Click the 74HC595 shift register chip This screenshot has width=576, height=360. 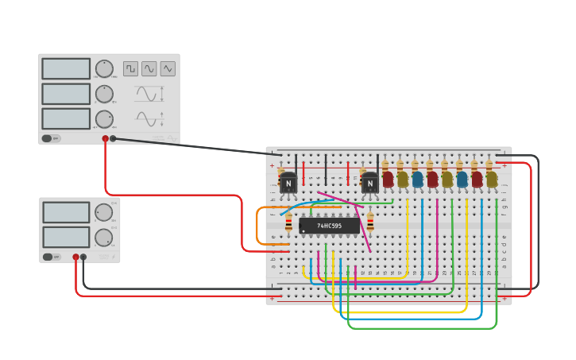tap(329, 226)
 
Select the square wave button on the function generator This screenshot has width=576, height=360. tap(130, 68)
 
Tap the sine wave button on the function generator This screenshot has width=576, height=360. tap(149, 68)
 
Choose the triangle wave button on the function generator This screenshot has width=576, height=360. tap(168, 68)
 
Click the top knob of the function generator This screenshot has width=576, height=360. tap(104, 68)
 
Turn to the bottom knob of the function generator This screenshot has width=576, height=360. tap(104, 119)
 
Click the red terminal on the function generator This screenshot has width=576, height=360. tap(105, 138)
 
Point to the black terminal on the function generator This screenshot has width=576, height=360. tap(113, 138)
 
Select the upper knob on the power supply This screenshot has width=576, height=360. tap(104, 212)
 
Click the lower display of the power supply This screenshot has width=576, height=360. tap(66, 237)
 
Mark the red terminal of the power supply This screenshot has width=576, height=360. tap(76, 257)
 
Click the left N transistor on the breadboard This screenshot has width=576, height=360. tap(288, 183)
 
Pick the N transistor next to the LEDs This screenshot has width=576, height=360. tap(369, 183)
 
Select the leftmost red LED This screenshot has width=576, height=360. tap(388, 179)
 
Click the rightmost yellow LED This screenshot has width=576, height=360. tap(492, 179)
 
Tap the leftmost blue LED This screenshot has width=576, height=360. tap(417, 179)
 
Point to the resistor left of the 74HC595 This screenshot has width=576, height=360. tap(288, 225)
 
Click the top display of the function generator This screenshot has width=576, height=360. tap(66, 68)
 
